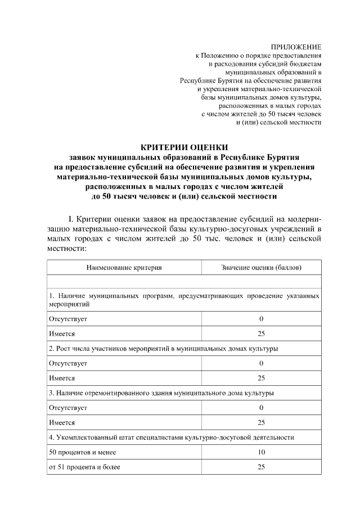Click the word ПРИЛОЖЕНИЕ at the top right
[296, 47]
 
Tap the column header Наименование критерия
[124, 267]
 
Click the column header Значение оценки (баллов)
[261, 267]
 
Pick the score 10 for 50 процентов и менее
[261, 452]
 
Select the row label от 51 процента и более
[84, 466]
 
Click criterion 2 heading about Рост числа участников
[163, 348]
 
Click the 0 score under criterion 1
[261, 319]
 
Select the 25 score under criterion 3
[261, 422]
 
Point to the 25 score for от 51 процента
[261, 466]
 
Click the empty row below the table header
[184, 281]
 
